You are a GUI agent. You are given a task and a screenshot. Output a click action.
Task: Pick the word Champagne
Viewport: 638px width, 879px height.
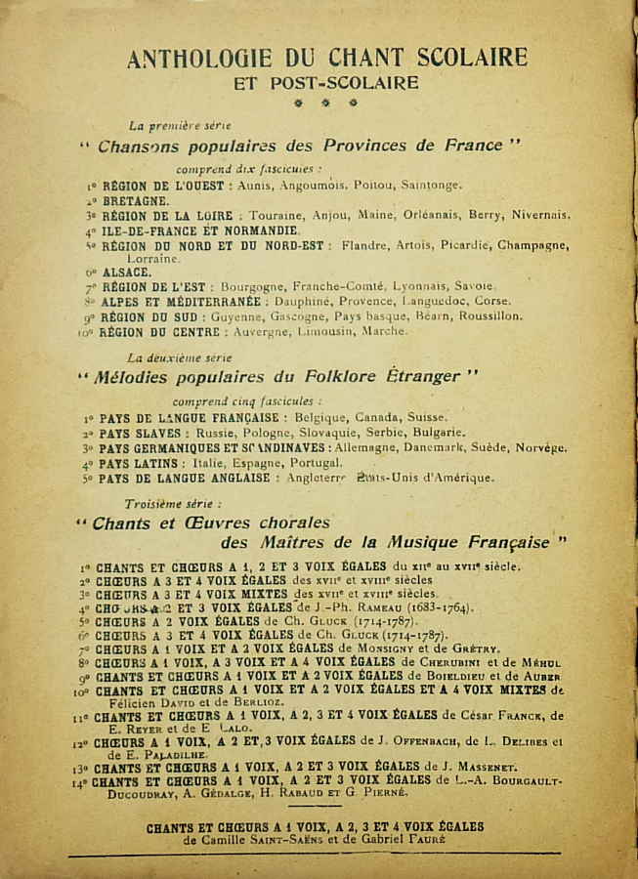533,245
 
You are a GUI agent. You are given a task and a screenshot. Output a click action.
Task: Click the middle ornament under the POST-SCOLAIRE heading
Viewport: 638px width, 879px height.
325,103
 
